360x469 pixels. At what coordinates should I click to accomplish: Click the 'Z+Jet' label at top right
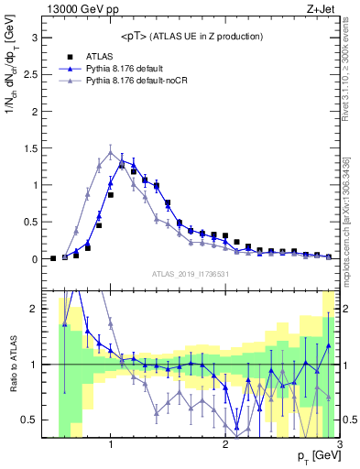click(x=320, y=8)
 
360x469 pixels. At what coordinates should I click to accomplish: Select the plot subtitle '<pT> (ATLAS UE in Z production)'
click(x=191, y=36)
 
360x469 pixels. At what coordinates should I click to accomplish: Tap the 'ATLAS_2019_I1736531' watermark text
click(x=191, y=274)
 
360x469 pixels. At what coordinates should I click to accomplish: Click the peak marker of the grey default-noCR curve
click(x=111, y=152)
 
